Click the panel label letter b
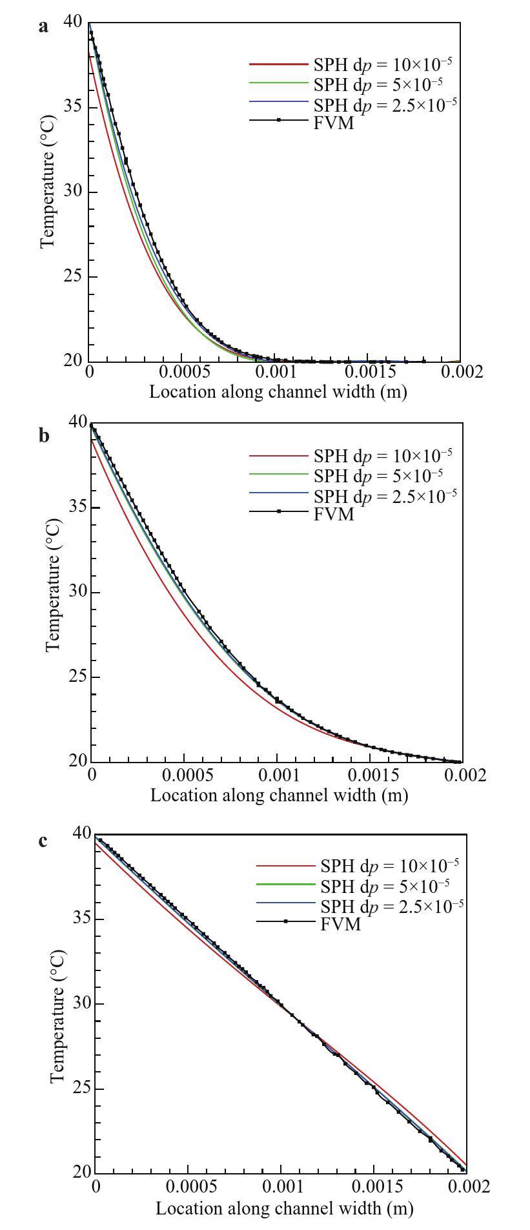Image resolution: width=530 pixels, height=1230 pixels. tap(44, 436)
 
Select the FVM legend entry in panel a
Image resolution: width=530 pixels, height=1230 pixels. tap(333, 122)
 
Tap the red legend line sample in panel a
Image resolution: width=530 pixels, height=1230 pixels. tap(278, 65)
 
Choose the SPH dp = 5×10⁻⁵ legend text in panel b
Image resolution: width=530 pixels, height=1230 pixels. tap(378, 476)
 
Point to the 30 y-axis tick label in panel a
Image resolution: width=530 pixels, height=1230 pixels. tap(72, 192)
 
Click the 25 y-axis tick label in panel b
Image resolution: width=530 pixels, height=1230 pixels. tap(77, 677)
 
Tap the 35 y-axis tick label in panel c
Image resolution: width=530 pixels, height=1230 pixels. tap(82, 918)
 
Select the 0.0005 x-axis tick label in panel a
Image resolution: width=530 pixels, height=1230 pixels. tap(181, 373)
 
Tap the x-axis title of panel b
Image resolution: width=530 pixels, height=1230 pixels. tap(279, 795)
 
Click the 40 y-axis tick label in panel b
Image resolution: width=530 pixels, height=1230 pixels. tap(78, 422)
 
